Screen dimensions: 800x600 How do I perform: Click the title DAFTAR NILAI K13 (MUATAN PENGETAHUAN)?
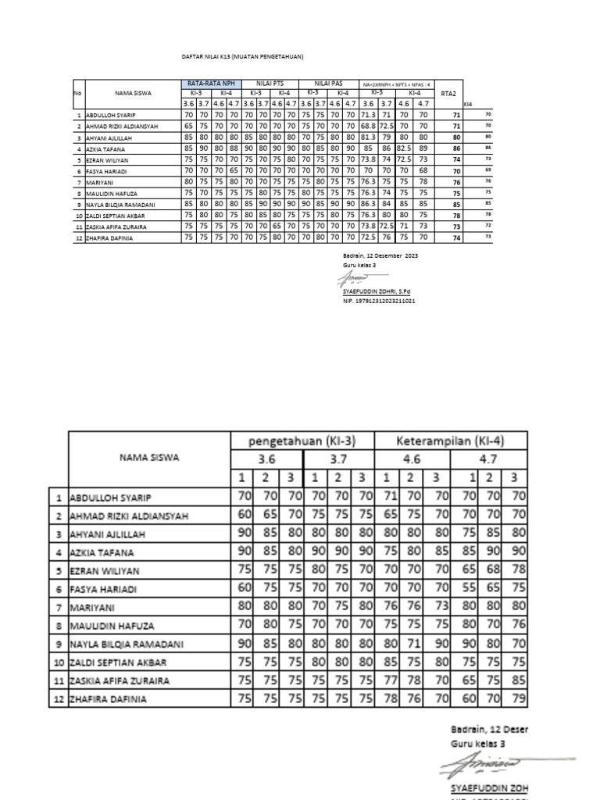pos(237,57)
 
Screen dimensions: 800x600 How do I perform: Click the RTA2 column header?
pos(448,93)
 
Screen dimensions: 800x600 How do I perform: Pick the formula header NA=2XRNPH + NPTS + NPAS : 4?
pos(396,84)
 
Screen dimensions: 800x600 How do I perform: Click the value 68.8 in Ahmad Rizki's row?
pos(368,125)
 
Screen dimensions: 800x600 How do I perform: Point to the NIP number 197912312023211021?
pos(379,300)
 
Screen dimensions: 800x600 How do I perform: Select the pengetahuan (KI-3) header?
pos(301,441)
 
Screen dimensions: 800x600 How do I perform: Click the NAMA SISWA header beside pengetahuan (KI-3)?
pos(148,458)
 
